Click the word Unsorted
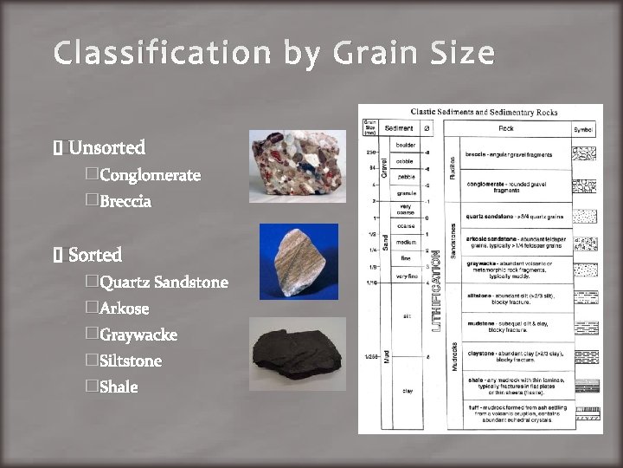click(106, 147)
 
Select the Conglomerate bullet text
click(150, 175)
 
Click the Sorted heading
click(95, 255)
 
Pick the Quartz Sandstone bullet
click(164, 283)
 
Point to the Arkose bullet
click(125, 309)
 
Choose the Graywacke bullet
click(138, 335)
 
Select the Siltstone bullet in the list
click(131, 361)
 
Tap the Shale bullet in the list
click(119, 387)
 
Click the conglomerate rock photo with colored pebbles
click(296, 166)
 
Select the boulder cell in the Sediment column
click(405, 145)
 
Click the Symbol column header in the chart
click(584, 129)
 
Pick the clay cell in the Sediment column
click(407, 391)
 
